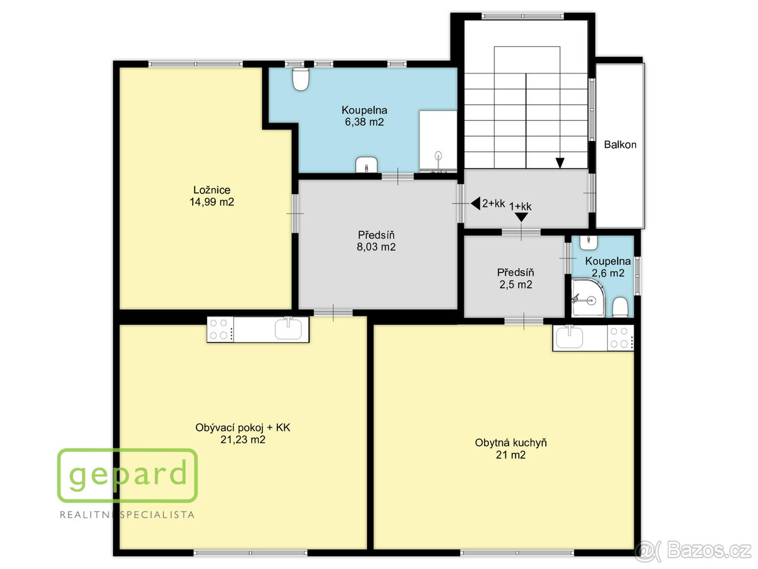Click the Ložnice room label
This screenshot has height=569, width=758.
click(x=212, y=190)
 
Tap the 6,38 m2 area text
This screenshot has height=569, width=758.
click(x=364, y=122)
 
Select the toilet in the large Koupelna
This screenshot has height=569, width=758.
click(x=301, y=80)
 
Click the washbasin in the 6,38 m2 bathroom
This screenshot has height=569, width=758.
click(x=366, y=165)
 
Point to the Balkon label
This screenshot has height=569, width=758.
click(x=620, y=144)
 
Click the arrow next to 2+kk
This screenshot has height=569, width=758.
click(x=475, y=204)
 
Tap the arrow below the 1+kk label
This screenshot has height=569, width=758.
click(x=521, y=217)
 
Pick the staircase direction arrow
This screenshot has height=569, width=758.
click(x=560, y=163)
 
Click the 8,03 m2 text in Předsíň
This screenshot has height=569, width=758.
click(x=376, y=247)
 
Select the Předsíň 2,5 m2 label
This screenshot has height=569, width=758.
click(x=515, y=278)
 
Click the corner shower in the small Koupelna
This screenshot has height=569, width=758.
click(x=588, y=298)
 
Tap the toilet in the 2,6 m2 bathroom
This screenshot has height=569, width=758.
click(x=620, y=307)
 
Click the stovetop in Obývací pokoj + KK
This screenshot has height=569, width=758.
click(x=220, y=329)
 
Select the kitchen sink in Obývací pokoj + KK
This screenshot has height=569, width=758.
click(x=288, y=328)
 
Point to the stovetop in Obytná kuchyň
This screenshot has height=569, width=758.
click(x=620, y=338)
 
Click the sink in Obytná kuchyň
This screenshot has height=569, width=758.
click(x=568, y=337)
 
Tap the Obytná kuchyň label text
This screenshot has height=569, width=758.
click(x=511, y=443)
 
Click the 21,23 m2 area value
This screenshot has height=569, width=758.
click(x=243, y=440)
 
